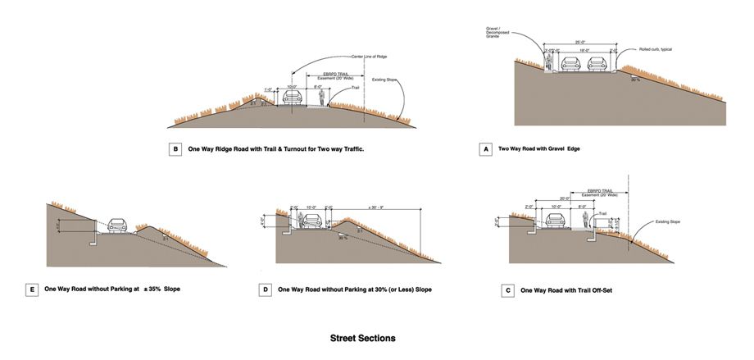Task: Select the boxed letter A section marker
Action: tap(487, 150)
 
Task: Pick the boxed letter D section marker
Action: tap(265, 289)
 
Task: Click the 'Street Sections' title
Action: tap(363, 338)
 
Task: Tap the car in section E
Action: tap(119, 225)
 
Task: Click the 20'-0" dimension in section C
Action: tap(565, 198)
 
